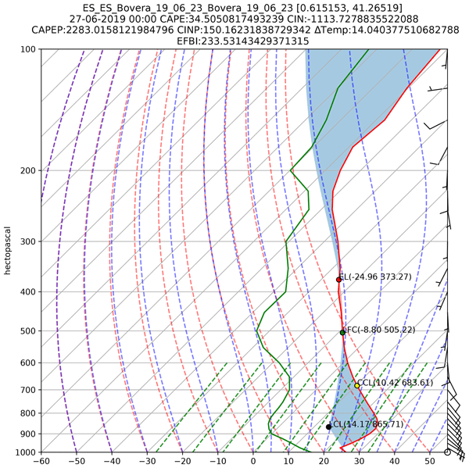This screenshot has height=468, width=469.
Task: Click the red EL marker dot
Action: pyautogui.click(x=338, y=279)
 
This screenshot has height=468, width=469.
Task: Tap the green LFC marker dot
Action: pyautogui.click(x=342, y=332)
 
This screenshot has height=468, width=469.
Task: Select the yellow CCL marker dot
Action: pyautogui.click(x=356, y=384)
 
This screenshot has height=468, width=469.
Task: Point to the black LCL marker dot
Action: pyautogui.click(x=329, y=427)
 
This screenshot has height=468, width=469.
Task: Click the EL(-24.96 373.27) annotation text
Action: pyautogui.click(x=378, y=277)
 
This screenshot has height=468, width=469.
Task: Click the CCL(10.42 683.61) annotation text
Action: pyautogui.click(x=396, y=383)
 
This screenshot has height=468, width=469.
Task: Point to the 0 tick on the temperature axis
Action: pyautogui.click(x=253, y=461)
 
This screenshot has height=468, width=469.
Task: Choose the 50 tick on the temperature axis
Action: pyautogui.click(x=431, y=461)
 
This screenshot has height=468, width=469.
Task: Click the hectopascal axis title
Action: pyautogui.click(x=7, y=251)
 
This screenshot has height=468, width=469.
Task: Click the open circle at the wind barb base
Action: pyautogui.click(x=447, y=452)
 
